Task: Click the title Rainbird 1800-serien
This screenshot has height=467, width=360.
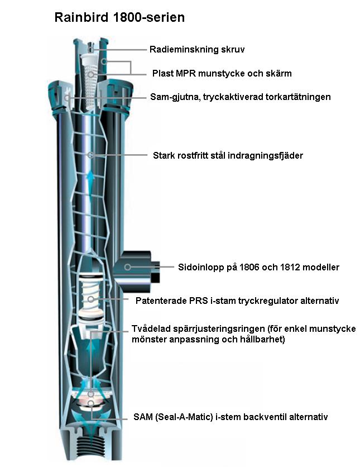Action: pos(119,17)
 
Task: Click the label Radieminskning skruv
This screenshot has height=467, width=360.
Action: pos(197,49)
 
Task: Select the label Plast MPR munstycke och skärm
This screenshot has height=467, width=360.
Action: pos(222,73)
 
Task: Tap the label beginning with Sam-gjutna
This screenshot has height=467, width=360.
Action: pos(241,97)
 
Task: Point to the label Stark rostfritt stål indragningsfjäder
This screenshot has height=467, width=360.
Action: pos(228,155)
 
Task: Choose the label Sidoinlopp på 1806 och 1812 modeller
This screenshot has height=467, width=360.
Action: pos(258,267)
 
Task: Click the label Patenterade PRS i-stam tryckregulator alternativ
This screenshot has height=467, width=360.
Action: pos(237,301)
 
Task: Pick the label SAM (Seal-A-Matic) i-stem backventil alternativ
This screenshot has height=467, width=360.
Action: pos(231,417)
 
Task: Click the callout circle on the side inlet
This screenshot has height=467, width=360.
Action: pos(127,267)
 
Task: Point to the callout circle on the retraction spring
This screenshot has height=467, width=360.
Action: pos(90,155)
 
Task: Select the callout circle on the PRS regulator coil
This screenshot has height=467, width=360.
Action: pos(91,299)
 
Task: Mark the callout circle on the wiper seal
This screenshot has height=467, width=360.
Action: pos(68,97)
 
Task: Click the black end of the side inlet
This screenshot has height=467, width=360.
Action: pos(155,271)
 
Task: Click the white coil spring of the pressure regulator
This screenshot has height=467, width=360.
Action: pos(90,293)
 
